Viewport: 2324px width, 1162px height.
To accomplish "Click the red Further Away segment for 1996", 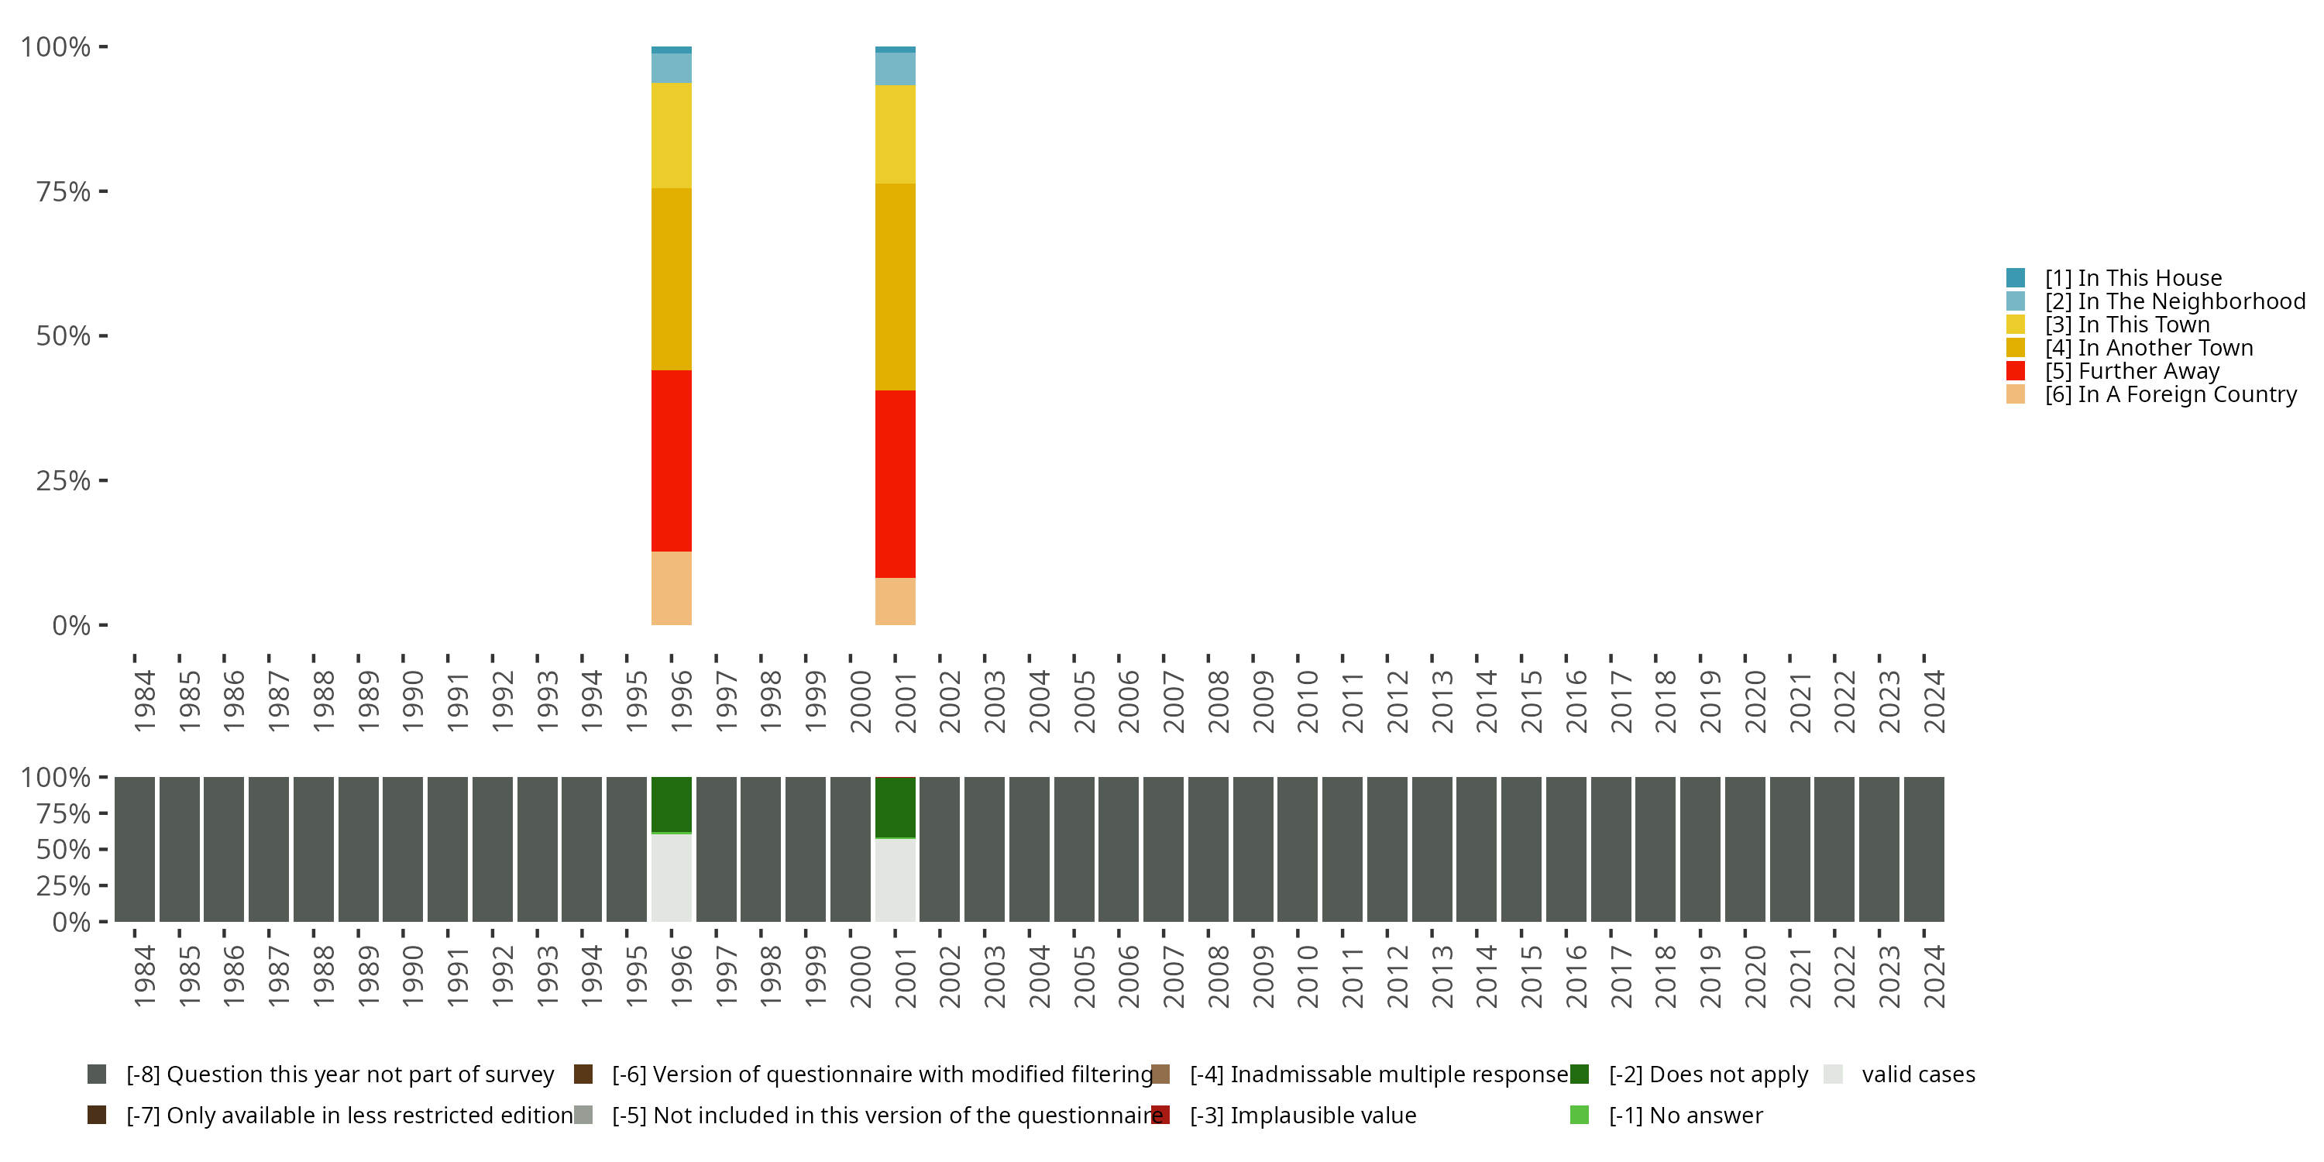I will (x=671, y=460).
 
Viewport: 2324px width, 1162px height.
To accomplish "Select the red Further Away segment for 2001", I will (x=895, y=483).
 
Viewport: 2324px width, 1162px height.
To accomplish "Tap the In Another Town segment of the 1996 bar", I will (x=671, y=279).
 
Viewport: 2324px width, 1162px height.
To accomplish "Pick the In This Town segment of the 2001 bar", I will (x=895, y=135).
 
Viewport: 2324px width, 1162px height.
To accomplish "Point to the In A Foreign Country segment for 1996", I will (x=671, y=587).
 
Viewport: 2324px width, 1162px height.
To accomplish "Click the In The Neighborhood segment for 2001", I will (x=895, y=69).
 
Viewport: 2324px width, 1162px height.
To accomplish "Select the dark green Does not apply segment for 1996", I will (x=671, y=804).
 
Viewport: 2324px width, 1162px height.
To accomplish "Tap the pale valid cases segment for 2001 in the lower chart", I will (x=895, y=879).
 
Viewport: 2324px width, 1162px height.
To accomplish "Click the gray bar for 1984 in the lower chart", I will (x=135, y=849).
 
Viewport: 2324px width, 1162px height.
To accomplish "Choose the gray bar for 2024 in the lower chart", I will (x=1923, y=849).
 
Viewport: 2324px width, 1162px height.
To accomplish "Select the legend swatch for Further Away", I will (x=2016, y=371).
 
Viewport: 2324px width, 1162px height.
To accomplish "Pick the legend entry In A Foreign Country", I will (x=2171, y=394).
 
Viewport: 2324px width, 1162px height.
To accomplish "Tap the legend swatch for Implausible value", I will (x=1161, y=1115).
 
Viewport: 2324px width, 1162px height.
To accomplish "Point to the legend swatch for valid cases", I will (x=1832, y=1074).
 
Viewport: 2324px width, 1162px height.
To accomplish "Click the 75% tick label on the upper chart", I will (x=64, y=191).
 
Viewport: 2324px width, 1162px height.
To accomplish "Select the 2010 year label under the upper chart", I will (x=1308, y=701).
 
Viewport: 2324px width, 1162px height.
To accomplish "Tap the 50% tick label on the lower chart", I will (x=64, y=849).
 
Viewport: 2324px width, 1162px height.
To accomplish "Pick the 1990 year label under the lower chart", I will (x=412, y=976).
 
